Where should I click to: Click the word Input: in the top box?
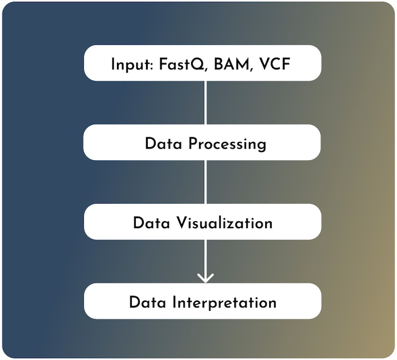click(x=131, y=65)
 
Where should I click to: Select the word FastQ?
click(x=182, y=64)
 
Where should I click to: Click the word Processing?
click(x=227, y=144)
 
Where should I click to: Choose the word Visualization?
click(x=225, y=223)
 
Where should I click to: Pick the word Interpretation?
click(x=225, y=303)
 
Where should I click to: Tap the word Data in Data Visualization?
click(x=151, y=223)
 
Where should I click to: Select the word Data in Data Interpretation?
click(x=148, y=302)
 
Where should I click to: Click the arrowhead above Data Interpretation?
click(x=206, y=278)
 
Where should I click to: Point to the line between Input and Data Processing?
click(x=206, y=103)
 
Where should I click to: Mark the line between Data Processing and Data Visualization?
click(x=206, y=182)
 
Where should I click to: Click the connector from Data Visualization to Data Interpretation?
click(x=206, y=261)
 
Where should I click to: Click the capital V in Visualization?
click(x=182, y=223)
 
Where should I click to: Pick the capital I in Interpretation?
click(x=174, y=302)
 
